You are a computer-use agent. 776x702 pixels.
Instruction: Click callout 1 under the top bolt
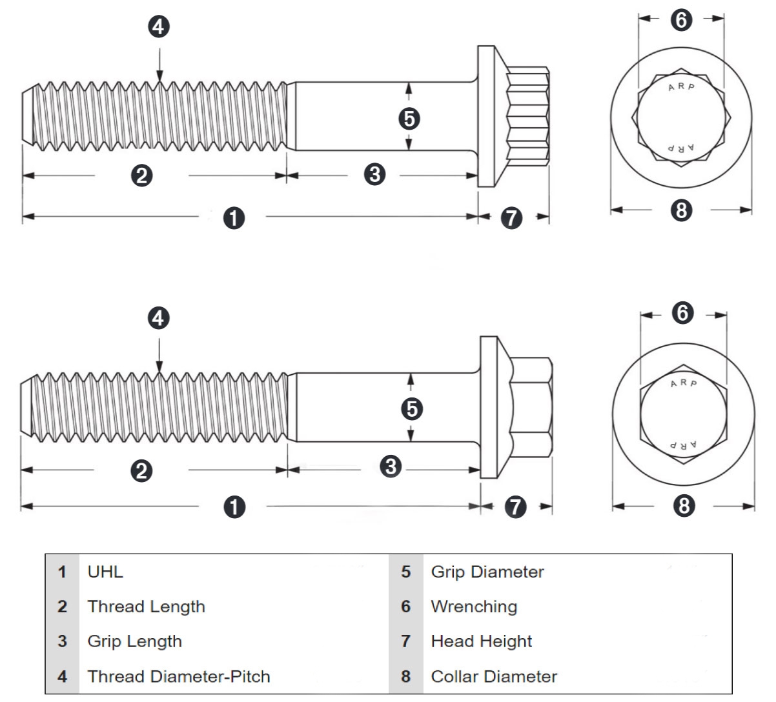coord(234,217)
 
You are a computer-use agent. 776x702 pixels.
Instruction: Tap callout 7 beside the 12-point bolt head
coord(511,217)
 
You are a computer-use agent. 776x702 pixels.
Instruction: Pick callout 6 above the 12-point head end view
coord(681,21)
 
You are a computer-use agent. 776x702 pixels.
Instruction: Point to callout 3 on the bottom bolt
coord(390,465)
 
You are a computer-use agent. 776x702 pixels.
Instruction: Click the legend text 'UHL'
coord(105,572)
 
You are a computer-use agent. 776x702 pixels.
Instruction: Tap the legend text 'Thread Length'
coord(146,607)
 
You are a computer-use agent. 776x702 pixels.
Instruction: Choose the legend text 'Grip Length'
coord(134,641)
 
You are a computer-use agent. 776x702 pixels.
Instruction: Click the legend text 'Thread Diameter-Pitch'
coord(179,676)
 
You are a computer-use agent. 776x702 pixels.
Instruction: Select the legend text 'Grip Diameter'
coord(487,572)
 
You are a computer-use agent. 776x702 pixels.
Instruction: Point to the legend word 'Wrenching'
coord(474,607)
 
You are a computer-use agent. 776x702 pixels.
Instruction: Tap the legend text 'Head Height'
coord(481,641)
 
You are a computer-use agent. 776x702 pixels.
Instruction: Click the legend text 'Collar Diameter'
coord(494,676)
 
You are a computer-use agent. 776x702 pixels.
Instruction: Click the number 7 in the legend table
coord(405,641)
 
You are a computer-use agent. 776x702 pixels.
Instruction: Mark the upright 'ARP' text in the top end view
coord(682,87)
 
